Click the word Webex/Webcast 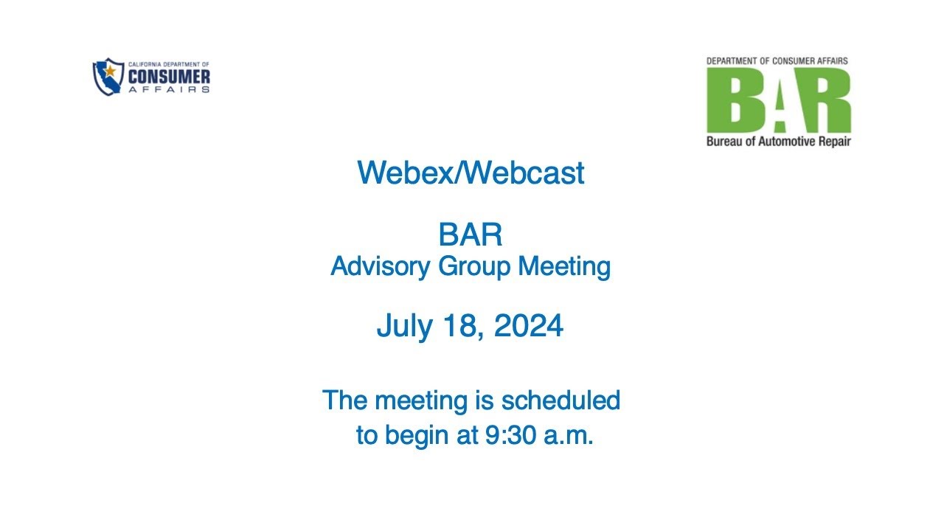471,173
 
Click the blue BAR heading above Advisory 471,236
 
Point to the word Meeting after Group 564,267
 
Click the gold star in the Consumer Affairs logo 110,72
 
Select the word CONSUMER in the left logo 169,77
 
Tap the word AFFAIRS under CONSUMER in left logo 169,89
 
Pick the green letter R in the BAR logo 827,100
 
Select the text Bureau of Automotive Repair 778,141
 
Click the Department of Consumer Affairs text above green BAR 777,60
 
